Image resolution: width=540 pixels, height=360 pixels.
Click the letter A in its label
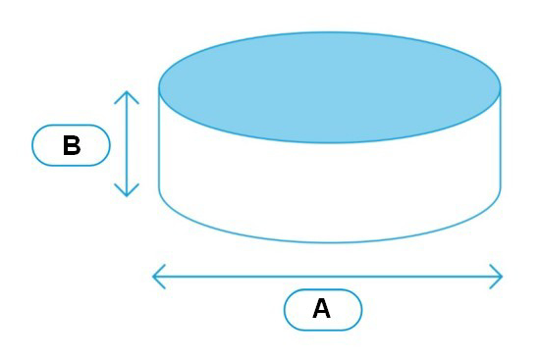[x=322, y=310]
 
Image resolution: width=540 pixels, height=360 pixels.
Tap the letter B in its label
[x=71, y=146]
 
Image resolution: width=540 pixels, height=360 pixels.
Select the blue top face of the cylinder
[x=330, y=87]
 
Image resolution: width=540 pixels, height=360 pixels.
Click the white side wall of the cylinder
[x=330, y=186]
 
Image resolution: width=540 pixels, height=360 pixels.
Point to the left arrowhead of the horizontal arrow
[x=155, y=277]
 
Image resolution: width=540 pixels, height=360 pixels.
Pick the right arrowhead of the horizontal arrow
[x=500, y=277]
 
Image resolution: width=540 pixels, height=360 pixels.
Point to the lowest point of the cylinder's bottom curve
[x=330, y=242]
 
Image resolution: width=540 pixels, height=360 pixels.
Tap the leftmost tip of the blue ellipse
[x=160, y=87]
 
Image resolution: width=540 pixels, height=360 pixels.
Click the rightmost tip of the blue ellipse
[x=500, y=87]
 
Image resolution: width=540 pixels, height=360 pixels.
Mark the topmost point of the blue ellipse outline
[x=330, y=32]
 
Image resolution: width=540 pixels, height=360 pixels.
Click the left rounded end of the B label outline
[x=34, y=145]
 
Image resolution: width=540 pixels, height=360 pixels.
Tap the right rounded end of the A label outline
[x=360, y=310]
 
